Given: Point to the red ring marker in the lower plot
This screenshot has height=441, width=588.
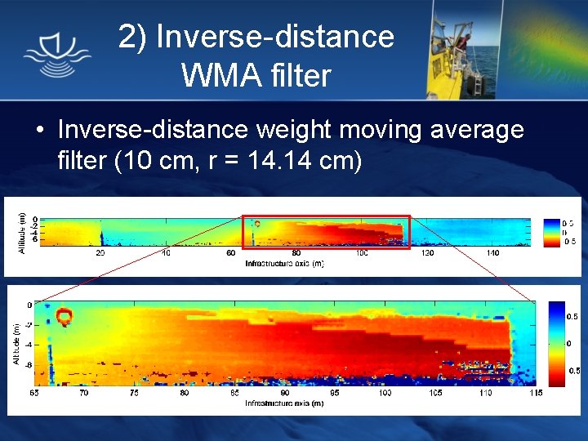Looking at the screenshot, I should click(64, 314).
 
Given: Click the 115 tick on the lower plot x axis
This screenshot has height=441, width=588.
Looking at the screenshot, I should click(535, 393).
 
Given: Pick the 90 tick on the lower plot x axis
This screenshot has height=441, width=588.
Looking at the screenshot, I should click(284, 393).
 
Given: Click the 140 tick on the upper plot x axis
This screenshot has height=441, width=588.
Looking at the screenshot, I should click(492, 254).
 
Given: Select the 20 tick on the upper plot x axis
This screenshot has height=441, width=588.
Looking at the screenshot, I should click(100, 254).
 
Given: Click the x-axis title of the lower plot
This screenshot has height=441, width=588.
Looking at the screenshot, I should click(284, 403).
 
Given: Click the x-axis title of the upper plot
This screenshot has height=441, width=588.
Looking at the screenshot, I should click(284, 264).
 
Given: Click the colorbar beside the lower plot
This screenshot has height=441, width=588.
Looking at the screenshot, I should click(557, 343).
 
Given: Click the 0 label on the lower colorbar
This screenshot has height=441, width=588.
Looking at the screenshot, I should click(570, 343).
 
